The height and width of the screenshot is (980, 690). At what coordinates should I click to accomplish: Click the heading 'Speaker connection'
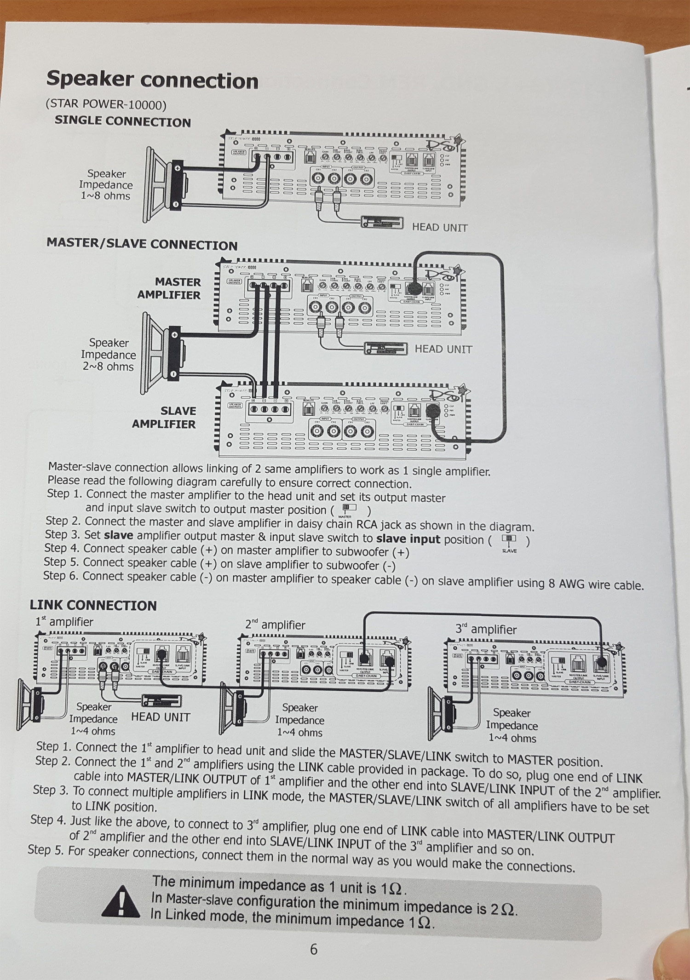152,80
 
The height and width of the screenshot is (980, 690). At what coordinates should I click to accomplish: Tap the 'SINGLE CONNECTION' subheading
122,121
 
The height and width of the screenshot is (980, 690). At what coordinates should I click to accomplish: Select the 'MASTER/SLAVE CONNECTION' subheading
142,244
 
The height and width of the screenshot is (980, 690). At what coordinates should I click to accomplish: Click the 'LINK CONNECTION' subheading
93,605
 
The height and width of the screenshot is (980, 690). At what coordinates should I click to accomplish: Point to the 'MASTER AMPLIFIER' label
169,288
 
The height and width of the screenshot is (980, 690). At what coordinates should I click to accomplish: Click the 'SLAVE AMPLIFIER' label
164,417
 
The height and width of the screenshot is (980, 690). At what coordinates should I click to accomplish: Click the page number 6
314,949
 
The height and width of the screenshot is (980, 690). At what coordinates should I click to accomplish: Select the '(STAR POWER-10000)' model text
106,104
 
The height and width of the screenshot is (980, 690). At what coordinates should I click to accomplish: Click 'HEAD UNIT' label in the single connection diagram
439,227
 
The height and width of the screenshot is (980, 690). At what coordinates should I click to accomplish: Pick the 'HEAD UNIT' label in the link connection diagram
161,717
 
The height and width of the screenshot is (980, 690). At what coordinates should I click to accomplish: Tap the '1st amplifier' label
64,622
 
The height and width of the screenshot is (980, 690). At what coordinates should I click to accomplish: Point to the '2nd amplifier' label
275,625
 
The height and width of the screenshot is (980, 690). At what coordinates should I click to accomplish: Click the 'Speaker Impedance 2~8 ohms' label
109,355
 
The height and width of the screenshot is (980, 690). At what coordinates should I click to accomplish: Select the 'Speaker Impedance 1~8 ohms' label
106,185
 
